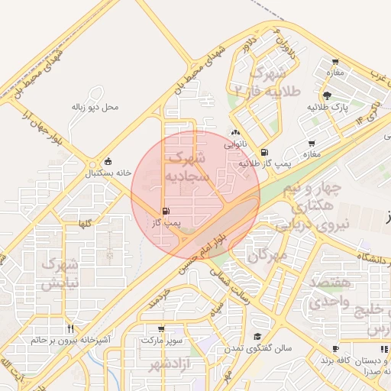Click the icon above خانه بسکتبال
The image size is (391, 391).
pos(107,161)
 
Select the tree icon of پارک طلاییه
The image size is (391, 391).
pos(327,95)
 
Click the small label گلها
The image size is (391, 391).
pos(86,222)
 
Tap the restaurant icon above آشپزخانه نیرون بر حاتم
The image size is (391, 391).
pos(70,328)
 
